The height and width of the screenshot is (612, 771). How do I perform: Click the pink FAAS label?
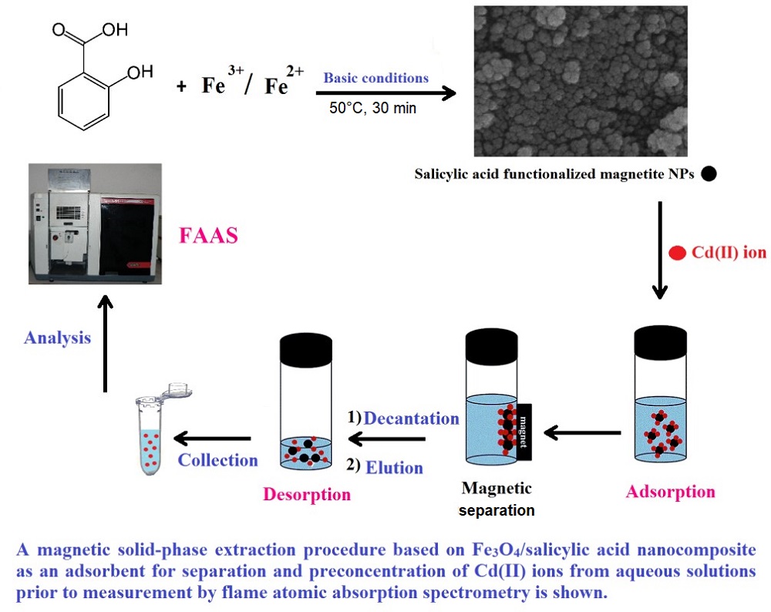(207, 235)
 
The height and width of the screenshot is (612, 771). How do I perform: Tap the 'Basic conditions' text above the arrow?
(375, 78)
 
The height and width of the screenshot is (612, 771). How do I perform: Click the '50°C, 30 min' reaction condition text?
(372, 108)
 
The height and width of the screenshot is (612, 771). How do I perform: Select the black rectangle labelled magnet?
(524, 432)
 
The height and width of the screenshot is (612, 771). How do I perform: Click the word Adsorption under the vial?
(670, 492)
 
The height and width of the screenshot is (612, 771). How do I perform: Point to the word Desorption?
(306, 494)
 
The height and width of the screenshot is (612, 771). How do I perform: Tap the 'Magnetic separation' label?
(497, 498)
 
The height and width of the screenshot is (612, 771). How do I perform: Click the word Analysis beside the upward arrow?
(57, 338)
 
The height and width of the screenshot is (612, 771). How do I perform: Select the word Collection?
(218, 460)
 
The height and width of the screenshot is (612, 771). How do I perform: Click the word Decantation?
(411, 419)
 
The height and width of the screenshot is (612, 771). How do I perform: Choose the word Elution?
(394, 466)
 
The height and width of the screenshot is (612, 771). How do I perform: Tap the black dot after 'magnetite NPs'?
(709, 174)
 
